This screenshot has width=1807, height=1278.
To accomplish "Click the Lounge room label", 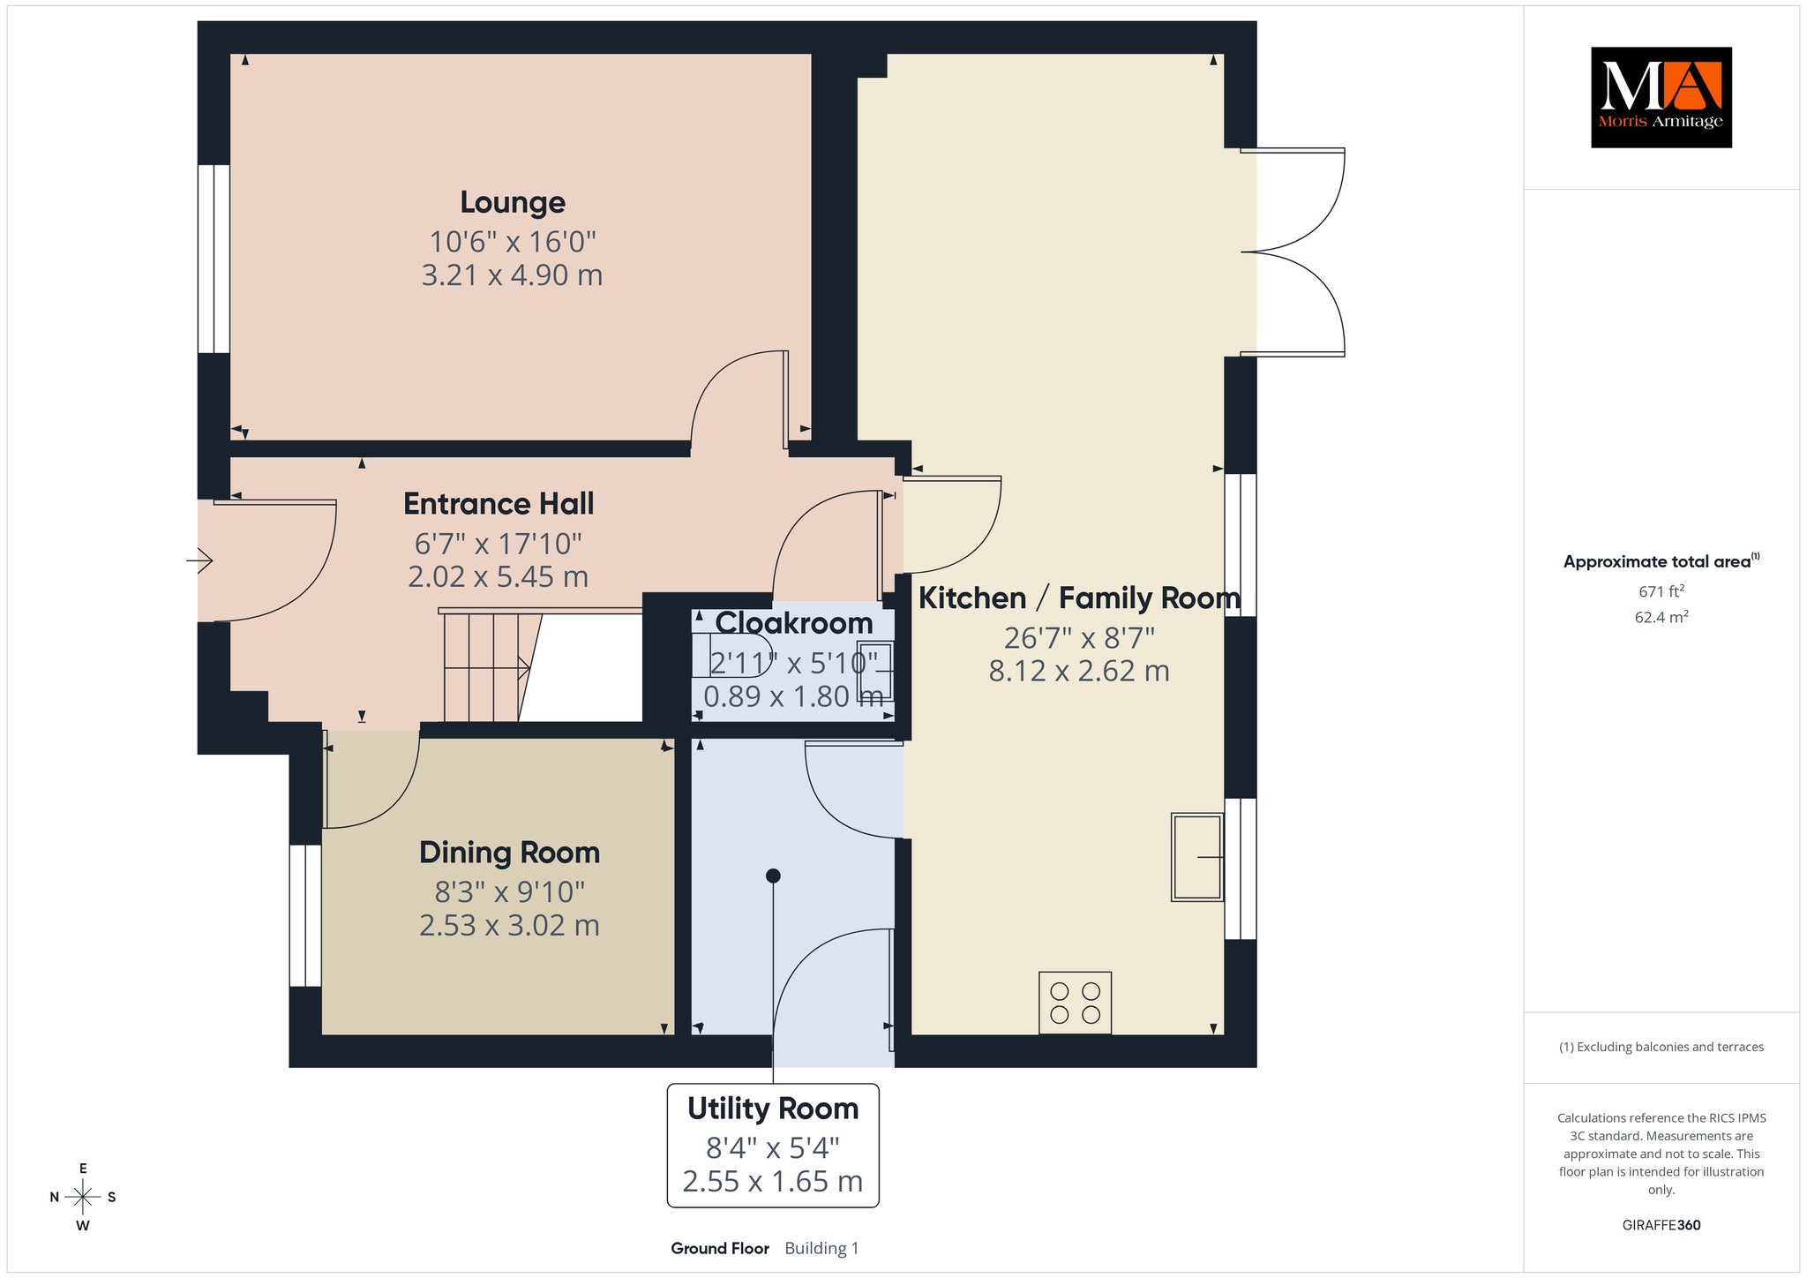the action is [x=513, y=203].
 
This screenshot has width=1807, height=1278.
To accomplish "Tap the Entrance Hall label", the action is [x=499, y=504].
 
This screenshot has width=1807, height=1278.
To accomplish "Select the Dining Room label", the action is [x=509, y=853].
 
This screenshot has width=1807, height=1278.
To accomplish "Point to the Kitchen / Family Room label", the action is [x=1079, y=598].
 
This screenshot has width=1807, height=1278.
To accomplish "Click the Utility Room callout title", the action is [x=773, y=1109].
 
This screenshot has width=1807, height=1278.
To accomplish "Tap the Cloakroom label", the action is [x=794, y=623].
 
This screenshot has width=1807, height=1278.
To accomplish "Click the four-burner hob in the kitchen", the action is [x=1075, y=1003].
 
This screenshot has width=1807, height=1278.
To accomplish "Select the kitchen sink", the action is [x=1197, y=857].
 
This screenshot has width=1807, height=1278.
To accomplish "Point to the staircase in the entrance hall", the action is [x=491, y=666].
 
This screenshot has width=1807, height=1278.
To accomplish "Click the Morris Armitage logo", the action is [x=1661, y=97].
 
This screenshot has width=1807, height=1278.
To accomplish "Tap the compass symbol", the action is [x=83, y=1197].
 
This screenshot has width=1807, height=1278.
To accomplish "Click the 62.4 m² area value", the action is [x=1661, y=617].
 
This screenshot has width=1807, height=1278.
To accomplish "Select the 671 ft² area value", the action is [x=1661, y=591].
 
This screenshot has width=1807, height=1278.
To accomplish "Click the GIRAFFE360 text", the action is [x=1661, y=1225].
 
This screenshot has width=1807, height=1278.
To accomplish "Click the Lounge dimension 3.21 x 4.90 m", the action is [x=513, y=275].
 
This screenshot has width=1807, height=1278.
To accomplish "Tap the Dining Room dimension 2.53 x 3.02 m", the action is [x=509, y=926].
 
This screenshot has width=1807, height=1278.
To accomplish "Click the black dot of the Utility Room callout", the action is [x=773, y=876].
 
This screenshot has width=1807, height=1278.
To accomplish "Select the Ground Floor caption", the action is [x=720, y=1248].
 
